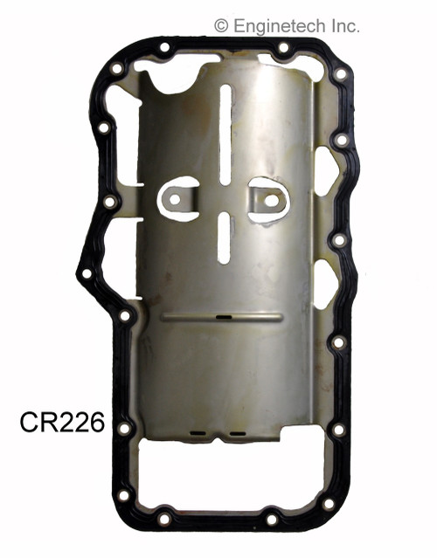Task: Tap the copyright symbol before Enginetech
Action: (221, 26)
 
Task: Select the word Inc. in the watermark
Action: (342, 26)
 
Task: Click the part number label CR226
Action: (61, 424)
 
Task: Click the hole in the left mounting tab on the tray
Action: (175, 200)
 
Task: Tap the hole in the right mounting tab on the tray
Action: (271, 200)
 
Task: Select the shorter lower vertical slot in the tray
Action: (225, 238)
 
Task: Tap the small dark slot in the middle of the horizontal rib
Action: (223, 318)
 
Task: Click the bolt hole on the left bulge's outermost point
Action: (87, 273)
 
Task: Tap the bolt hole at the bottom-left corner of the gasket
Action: (124, 495)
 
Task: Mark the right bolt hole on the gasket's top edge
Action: (282, 48)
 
